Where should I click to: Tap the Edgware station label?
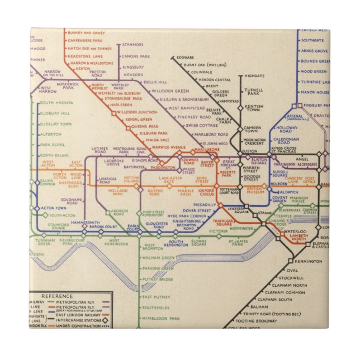click(186, 57)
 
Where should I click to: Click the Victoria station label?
click(219, 231)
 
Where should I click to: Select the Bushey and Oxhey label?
click(86, 33)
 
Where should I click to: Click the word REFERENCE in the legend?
click(56, 296)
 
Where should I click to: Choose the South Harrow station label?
click(56, 103)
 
